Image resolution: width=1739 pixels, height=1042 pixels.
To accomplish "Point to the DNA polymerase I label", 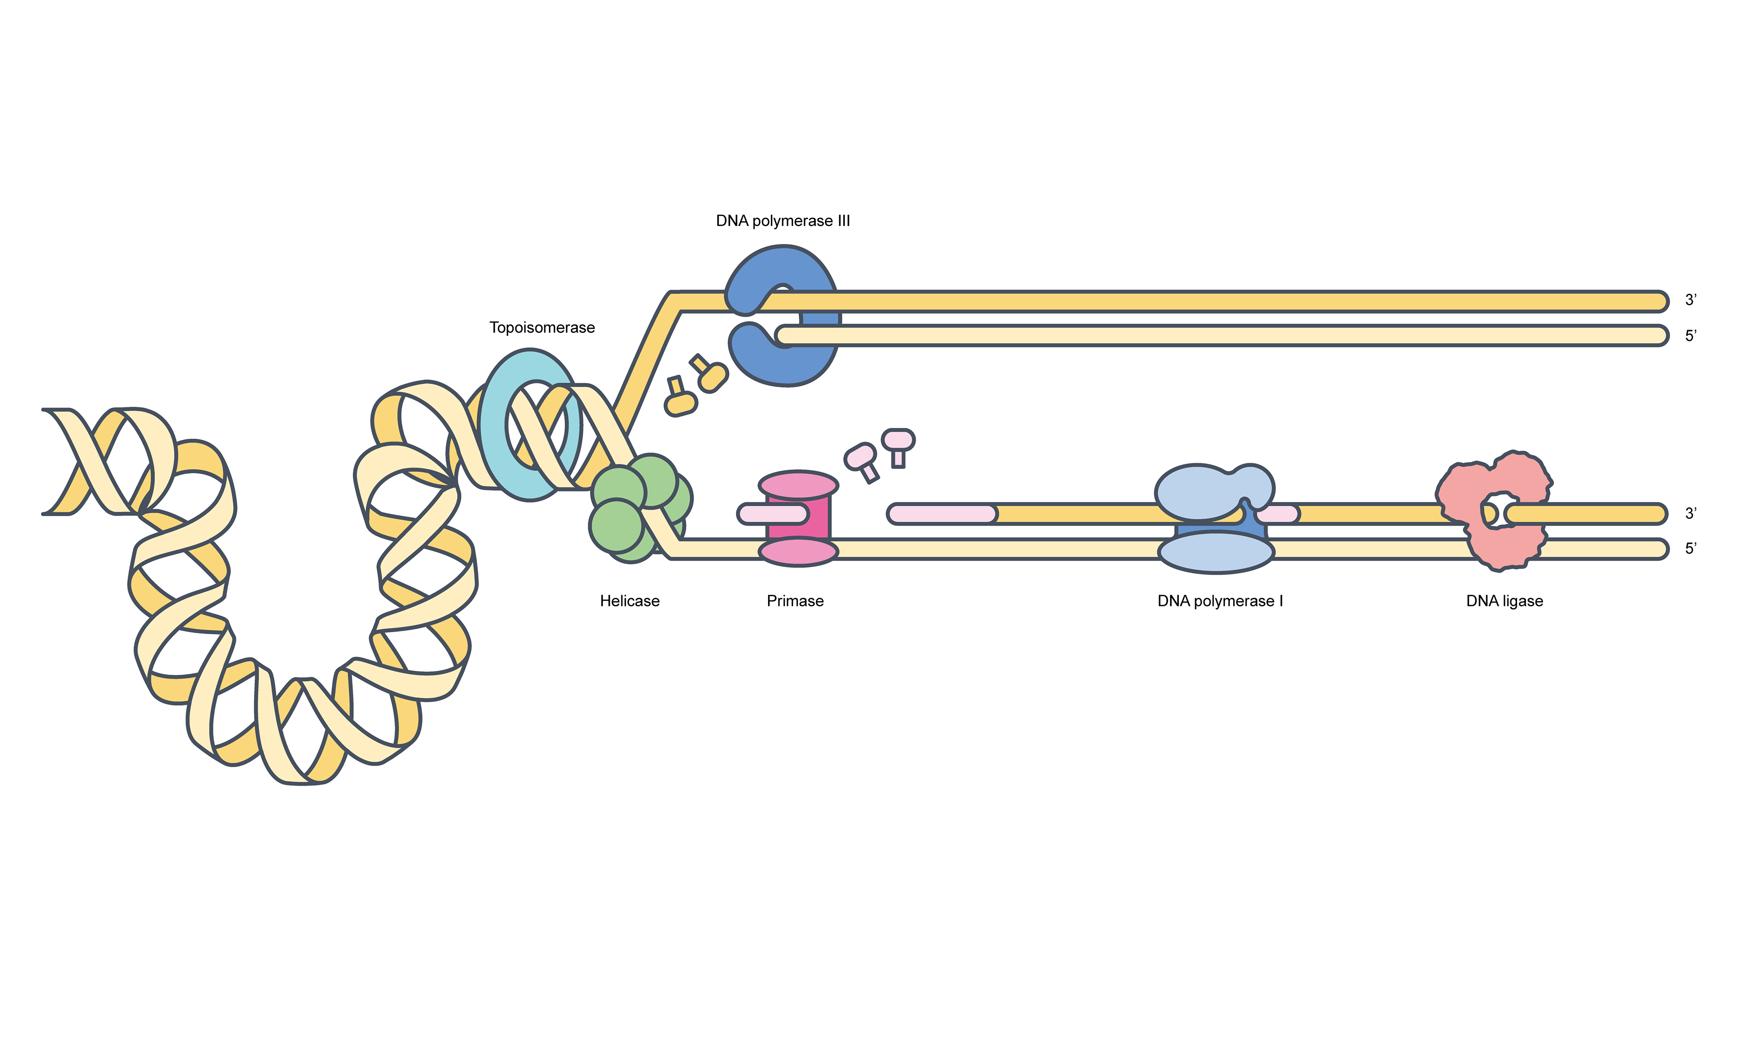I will tap(1220, 601).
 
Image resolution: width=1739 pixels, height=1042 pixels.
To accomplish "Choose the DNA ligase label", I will tap(1504, 601).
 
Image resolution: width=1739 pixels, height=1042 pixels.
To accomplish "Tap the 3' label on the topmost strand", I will tap(1691, 301).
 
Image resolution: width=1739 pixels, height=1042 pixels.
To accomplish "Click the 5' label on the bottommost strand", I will tap(1691, 549).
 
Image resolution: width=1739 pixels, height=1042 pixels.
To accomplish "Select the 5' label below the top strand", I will tap(1691, 336).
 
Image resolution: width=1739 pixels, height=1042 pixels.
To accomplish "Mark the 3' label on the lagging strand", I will tap(1691, 514).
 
